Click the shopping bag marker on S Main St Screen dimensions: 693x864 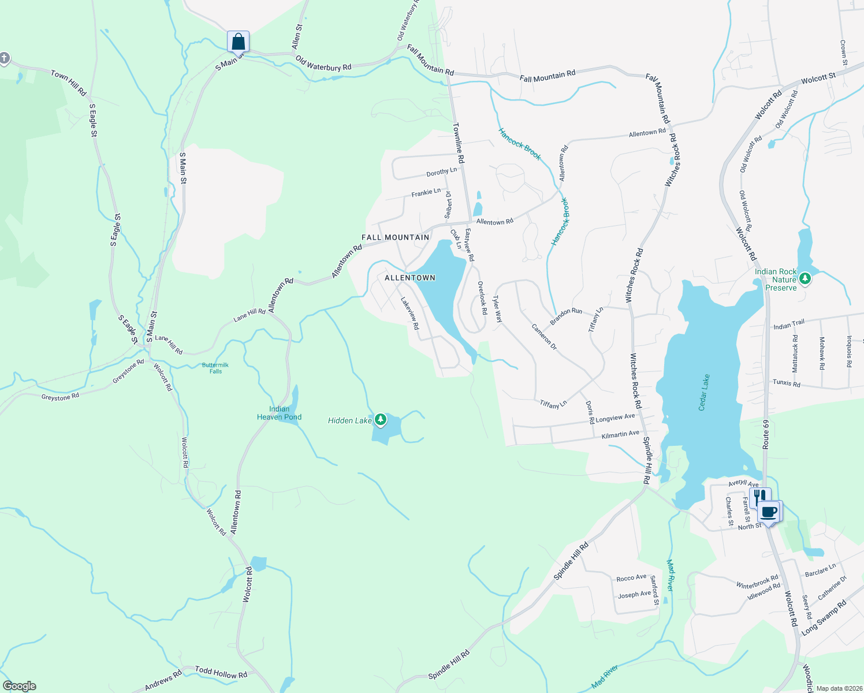[238, 42]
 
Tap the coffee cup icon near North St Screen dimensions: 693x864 [769, 512]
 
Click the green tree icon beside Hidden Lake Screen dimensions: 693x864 [380, 419]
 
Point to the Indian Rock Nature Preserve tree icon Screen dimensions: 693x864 [805, 280]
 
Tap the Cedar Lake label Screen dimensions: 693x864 [704, 393]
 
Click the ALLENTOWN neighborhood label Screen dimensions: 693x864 [410, 278]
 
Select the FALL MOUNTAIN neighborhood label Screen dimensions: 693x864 [396, 237]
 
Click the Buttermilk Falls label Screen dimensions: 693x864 [215, 368]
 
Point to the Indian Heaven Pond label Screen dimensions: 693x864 [279, 413]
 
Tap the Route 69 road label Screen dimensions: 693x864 [766, 435]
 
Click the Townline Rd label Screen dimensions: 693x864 [459, 143]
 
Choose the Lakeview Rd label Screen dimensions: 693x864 [410, 314]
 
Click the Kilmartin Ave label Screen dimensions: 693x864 [620, 434]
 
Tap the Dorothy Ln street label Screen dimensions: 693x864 [441, 172]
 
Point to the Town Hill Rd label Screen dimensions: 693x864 [68, 83]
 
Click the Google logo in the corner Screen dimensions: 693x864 [19, 686]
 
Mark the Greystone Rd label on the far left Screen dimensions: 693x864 [60, 397]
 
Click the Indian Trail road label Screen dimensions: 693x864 [789, 325]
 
